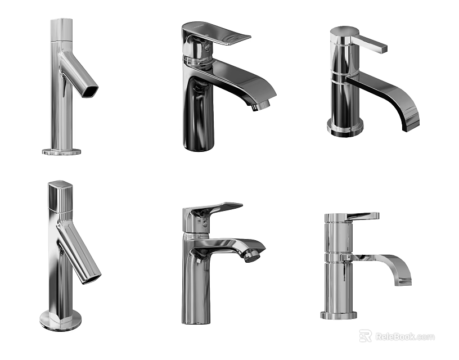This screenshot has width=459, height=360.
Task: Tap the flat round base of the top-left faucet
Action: [x=61, y=151]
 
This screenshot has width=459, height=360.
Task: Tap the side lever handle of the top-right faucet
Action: [x=371, y=44]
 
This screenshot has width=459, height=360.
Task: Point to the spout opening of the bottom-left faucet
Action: [x=91, y=277]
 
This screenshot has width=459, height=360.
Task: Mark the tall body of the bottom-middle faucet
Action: [x=195, y=287]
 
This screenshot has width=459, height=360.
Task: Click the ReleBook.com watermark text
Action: [x=404, y=336]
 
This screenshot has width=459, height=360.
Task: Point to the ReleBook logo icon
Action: [x=366, y=336]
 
